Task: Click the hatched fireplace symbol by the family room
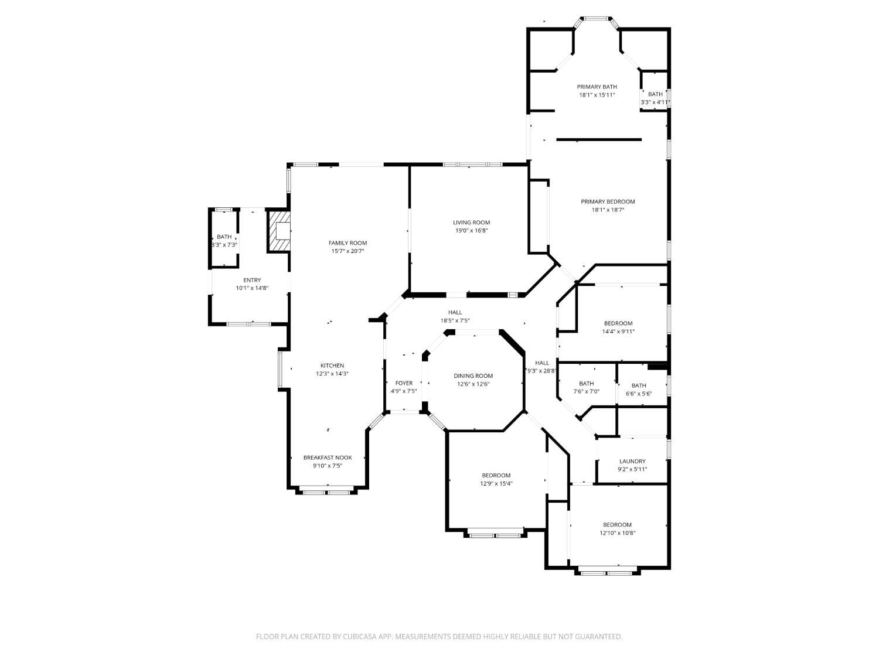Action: pyautogui.click(x=279, y=231)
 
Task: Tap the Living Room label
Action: pyautogui.click(x=471, y=223)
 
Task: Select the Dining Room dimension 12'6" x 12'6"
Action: pyautogui.click(x=473, y=384)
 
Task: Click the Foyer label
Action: pyautogui.click(x=404, y=383)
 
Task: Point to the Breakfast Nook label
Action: pyautogui.click(x=328, y=457)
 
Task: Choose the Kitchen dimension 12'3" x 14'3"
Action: pyautogui.click(x=332, y=374)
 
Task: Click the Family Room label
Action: pyautogui.click(x=347, y=243)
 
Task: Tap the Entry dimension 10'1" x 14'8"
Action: pyautogui.click(x=252, y=288)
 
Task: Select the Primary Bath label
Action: pyautogui.click(x=597, y=87)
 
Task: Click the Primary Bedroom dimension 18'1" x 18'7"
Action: pyautogui.click(x=608, y=210)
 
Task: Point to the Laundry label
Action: pyautogui.click(x=632, y=461)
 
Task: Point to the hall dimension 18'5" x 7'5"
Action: pyautogui.click(x=455, y=320)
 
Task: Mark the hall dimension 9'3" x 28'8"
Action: pyautogui.click(x=541, y=371)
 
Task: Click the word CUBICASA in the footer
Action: pyautogui.click(x=358, y=637)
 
